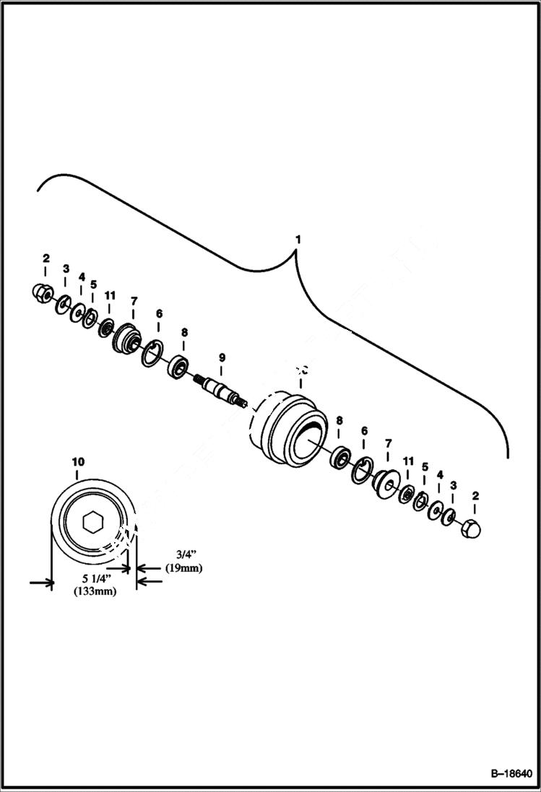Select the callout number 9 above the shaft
(x=222, y=357)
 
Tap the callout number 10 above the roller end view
(x=78, y=461)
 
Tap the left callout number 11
(x=109, y=297)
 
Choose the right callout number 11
(x=409, y=461)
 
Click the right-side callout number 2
(x=475, y=496)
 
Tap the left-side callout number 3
(x=66, y=269)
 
